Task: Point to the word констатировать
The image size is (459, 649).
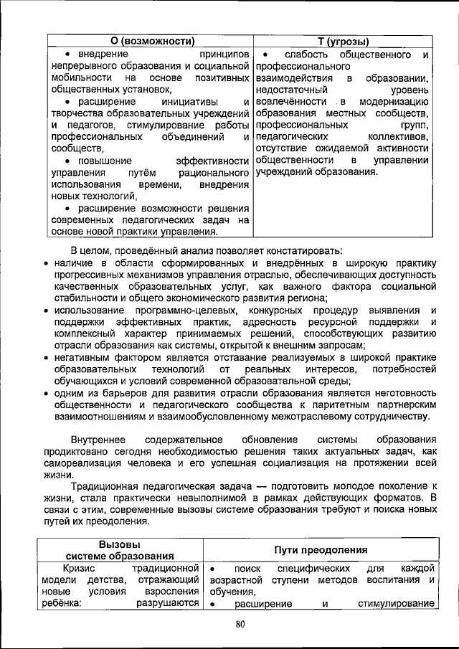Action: (299, 250)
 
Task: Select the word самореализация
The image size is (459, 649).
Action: (82, 463)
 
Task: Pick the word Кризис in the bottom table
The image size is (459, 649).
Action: (80, 568)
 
